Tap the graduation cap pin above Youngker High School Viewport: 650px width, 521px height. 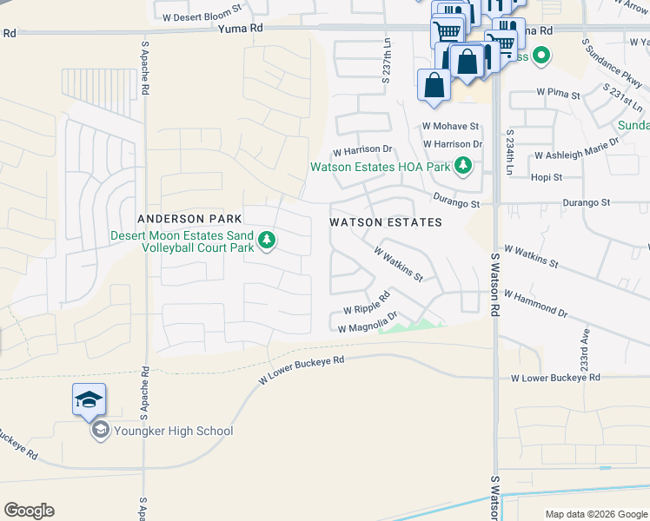click(89, 399)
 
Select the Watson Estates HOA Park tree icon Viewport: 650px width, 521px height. click(464, 165)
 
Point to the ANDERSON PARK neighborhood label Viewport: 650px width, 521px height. click(182, 219)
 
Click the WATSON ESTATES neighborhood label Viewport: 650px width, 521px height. click(386, 222)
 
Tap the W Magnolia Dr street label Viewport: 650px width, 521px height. click(368, 322)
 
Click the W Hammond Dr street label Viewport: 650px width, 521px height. click(535, 305)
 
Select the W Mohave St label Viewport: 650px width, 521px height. click(451, 126)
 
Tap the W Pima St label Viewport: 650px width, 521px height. click(557, 91)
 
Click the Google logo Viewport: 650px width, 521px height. click(29, 511)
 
